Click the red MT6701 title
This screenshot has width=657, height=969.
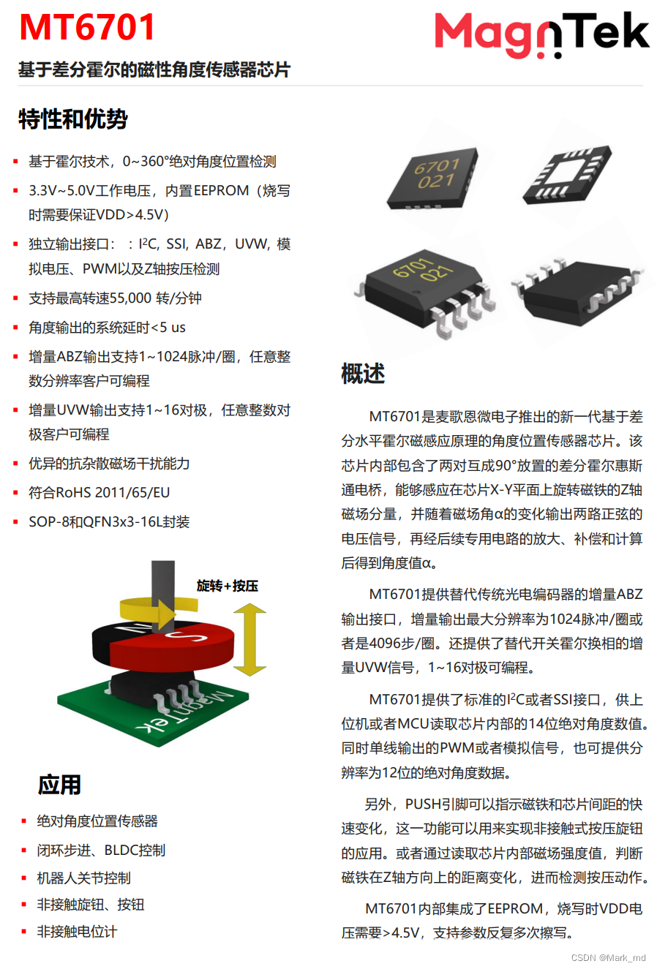(86, 27)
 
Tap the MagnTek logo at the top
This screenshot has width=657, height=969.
(541, 34)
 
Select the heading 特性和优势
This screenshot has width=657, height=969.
(72, 119)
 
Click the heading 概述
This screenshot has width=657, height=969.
(363, 373)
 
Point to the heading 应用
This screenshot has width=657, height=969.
(59, 785)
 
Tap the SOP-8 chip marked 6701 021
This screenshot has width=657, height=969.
(424, 290)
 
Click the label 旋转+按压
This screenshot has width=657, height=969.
(228, 586)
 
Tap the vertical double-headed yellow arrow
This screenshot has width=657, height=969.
(249, 639)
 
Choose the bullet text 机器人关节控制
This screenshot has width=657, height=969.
(83, 878)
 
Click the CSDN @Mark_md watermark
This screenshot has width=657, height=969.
(608, 957)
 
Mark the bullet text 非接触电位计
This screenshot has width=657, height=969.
(77, 932)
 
